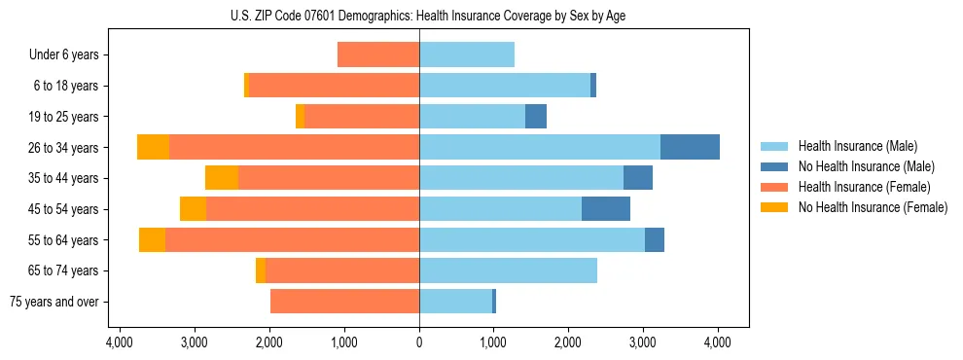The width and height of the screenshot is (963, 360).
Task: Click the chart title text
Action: tap(419, 16)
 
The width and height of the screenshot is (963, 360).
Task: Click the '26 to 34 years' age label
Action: tap(64, 148)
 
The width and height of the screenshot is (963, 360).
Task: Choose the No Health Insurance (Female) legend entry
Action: tap(873, 207)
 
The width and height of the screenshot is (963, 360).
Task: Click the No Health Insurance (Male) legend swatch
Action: tap(775, 166)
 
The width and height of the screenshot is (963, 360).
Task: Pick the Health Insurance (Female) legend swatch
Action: tap(775, 187)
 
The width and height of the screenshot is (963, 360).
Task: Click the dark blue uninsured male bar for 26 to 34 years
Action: tap(690, 147)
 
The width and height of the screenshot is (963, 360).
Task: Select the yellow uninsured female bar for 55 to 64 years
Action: tap(152, 240)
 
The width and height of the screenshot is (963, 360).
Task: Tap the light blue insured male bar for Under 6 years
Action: tap(467, 55)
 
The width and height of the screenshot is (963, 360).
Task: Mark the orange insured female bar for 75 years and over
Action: tap(344, 302)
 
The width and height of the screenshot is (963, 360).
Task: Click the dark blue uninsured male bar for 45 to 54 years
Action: tap(605, 209)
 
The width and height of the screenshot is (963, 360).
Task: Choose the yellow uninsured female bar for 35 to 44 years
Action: tap(222, 178)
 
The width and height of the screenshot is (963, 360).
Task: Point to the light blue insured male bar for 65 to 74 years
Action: tap(508, 270)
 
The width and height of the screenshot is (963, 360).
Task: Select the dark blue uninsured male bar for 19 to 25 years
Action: tap(536, 117)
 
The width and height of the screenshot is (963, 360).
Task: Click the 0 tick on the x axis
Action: tap(419, 342)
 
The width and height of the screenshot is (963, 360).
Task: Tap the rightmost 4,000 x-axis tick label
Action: tap(718, 342)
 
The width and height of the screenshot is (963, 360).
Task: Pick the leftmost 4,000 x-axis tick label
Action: tap(120, 342)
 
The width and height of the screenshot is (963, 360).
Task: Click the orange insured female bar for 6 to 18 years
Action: tap(334, 86)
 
